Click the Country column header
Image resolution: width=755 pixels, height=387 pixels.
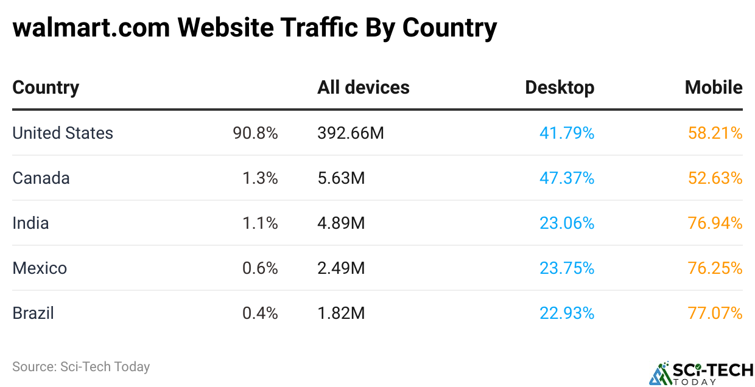coord(46,88)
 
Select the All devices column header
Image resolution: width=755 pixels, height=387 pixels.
coord(363,88)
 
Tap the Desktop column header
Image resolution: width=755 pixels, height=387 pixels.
coord(560,88)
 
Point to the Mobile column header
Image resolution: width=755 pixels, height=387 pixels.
coord(714,88)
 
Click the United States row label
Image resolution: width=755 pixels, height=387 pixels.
coord(63,133)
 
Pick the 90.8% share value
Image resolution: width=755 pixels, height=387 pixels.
coord(255,133)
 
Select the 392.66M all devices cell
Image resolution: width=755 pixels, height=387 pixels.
coord(351,133)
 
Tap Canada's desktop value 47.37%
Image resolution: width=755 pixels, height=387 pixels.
coord(567,178)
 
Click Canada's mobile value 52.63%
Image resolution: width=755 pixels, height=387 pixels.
coord(715,178)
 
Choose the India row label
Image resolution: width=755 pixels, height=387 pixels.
coord(30,223)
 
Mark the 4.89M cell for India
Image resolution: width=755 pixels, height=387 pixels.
coord(341,223)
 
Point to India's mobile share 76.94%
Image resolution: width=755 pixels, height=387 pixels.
coord(715,223)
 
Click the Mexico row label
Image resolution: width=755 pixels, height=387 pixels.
coord(40,268)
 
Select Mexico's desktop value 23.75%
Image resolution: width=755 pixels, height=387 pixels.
coord(567,268)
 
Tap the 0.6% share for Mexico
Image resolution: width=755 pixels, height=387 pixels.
coord(260,268)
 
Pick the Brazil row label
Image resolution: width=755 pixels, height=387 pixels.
coord(33,313)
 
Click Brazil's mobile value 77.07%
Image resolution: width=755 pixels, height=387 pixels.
coord(715,313)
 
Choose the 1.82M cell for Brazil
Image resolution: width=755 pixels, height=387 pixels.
coord(341,313)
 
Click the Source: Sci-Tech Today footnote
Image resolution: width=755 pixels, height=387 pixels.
coord(81,367)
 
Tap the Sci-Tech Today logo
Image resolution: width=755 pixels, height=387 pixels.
coord(701,373)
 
